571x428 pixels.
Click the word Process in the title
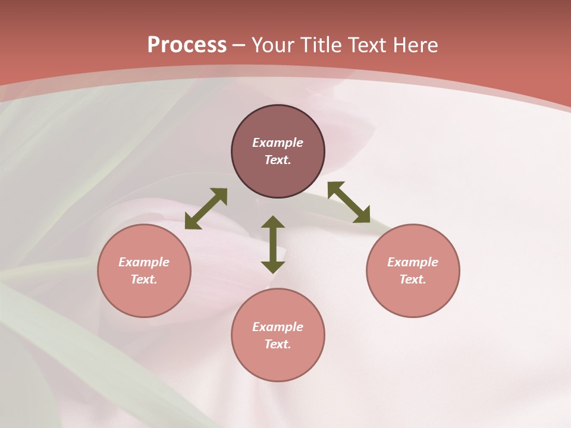click(187, 45)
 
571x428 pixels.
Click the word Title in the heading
click(321, 45)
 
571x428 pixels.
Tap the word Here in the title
click(415, 45)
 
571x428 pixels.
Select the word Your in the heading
click(273, 45)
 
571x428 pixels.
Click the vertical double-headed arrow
click(273, 244)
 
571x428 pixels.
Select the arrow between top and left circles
click(206, 209)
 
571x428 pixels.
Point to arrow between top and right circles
click(349, 202)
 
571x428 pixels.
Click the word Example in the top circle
click(278, 143)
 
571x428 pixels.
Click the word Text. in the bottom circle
click(278, 344)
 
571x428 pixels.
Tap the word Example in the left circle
click(144, 262)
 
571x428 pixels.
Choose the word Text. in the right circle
click(413, 279)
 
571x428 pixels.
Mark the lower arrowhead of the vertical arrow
click(273, 267)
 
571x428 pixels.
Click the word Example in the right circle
click(413, 262)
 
